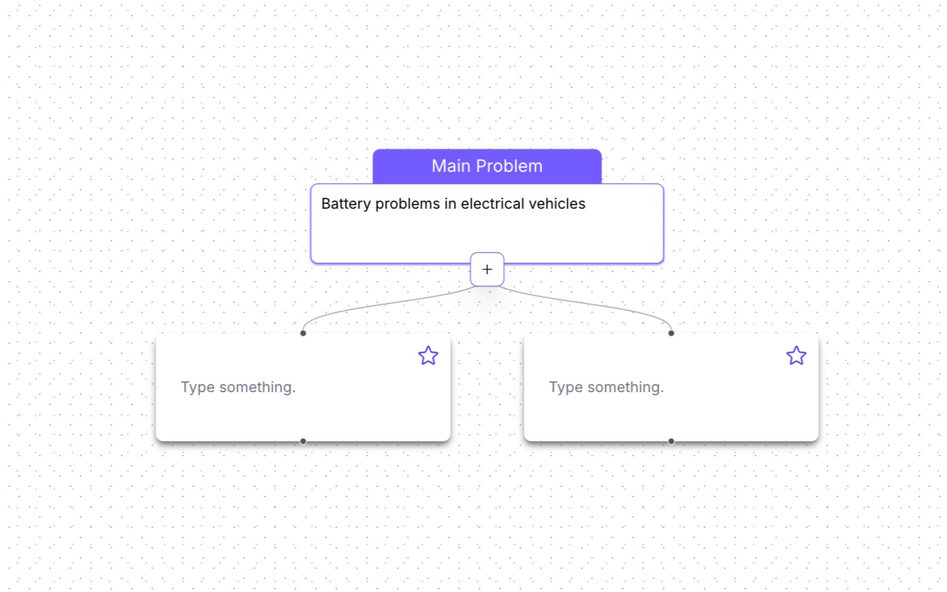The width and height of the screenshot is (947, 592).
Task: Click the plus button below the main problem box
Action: tap(487, 269)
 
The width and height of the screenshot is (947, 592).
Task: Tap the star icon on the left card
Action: tap(428, 355)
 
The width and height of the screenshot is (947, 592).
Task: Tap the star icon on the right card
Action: tap(796, 355)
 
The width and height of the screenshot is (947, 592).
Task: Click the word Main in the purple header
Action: tap(451, 166)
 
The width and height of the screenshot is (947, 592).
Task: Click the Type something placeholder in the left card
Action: tap(238, 387)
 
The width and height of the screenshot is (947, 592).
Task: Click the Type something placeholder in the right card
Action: tap(606, 387)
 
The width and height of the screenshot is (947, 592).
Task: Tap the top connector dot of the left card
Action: tap(303, 333)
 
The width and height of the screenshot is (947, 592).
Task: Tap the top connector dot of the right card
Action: tap(672, 333)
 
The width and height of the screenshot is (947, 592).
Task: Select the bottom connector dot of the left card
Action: tap(303, 441)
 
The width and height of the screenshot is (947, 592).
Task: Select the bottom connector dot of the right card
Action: tap(672, 441)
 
